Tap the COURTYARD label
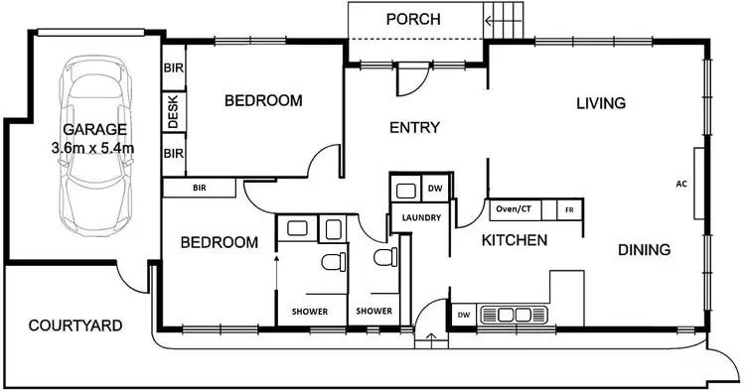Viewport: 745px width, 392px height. pyautogui.click(x=75, y=325)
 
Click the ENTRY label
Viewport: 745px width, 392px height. pyautogui.click(x=414, y=127)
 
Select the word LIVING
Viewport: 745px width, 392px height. pyautogui.click(x=599, y=103)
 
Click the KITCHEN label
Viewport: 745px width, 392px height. pyautogui.click(x=515, y=240)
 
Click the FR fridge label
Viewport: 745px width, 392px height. pyautogui.click(x=569, y=210)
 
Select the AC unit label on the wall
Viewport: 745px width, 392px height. pyautogui.click(x=680, y=184)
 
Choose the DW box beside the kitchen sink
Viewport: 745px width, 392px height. pyautogui.click(x=463, y=316)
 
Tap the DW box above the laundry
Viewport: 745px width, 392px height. pyautogui.click(x=434, y=189)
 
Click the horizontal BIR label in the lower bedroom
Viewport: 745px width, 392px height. pyautogui.click(x=200, y=187)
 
